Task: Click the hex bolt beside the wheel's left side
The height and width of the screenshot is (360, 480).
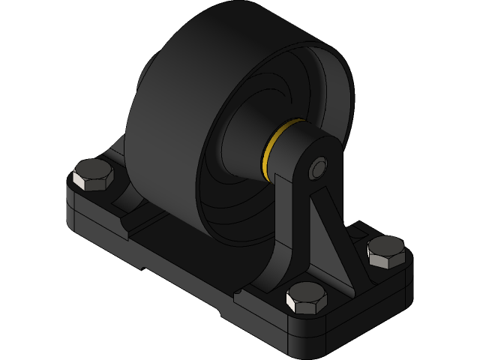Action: click(93, 175)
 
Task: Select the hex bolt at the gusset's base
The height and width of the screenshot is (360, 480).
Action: click(307, 298)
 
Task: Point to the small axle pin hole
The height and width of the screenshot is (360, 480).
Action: click(319, 169)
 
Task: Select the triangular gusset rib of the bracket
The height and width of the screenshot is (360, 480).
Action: click(331, 233)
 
